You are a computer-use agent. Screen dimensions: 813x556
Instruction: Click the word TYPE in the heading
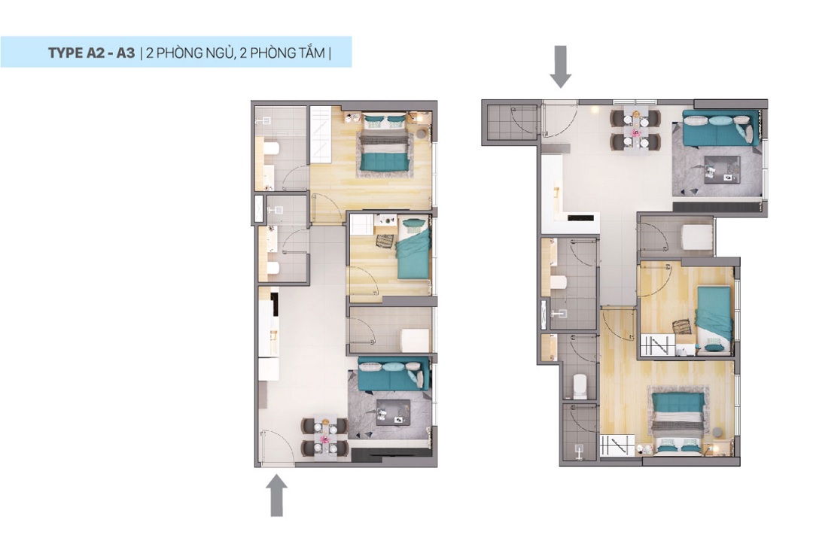pyautogui.click(x=65, y=53)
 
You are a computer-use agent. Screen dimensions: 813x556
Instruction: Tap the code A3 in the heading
pyautogui.click(x=126, y=53)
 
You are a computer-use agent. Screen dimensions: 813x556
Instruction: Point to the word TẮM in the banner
pyautogui.click(x=312, y=53)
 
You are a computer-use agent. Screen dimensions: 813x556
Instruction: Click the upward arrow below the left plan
pyautogui.click(x=277, y=496)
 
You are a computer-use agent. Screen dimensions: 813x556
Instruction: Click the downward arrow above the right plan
pyautogui.click(x=561, y=66)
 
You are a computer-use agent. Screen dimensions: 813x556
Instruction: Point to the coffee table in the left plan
pyautogui.click(x=394, y=412)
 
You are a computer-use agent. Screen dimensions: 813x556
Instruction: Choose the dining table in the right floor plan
pyautogui.click(x=635, y=129)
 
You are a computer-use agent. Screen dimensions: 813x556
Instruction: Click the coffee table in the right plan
pyautogui.click(x=722, y=169)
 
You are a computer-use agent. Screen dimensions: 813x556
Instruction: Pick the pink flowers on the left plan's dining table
pyautogui.click(x=324, y=439)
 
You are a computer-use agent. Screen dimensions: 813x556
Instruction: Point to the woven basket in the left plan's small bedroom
pyautogui.click(x=385, y=241)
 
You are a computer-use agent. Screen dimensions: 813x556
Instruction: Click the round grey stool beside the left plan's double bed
pyautogui.click(x=421, y=134)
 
